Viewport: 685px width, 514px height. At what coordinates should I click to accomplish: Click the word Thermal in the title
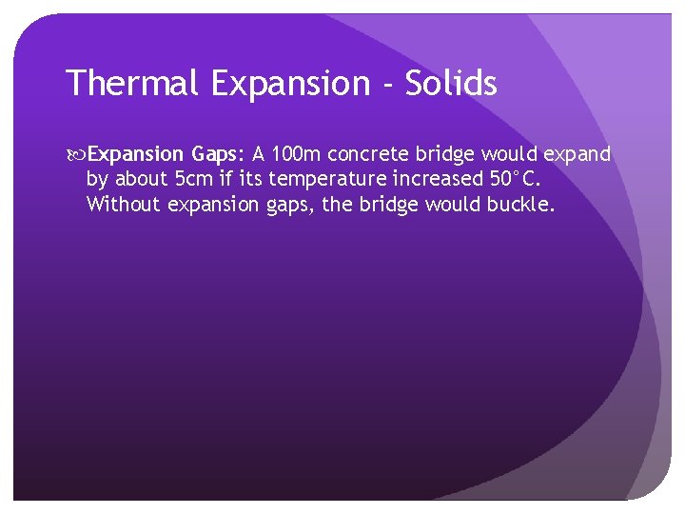[x=132, y=84]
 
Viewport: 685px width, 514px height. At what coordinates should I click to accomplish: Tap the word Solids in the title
[x=451, y=84]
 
